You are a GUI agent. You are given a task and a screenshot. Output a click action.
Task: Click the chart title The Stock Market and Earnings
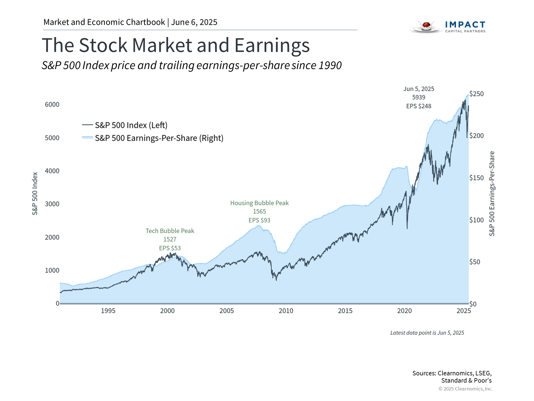click(x=175, y=45)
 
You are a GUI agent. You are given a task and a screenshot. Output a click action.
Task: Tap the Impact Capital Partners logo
click(x=448, y=27)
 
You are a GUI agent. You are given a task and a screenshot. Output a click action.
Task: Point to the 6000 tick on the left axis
click(x=52, y=104)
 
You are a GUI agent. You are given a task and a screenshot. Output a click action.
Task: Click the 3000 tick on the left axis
click(x=52, y=204)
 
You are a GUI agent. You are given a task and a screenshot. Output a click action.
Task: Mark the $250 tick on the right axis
click(x=476, y=94)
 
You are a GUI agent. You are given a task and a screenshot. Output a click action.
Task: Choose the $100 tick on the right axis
click(x=476, y=220)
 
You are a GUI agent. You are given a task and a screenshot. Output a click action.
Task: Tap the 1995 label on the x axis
click(x=108, y=311)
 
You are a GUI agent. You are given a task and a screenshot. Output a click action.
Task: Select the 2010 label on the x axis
click(x=286, y=311)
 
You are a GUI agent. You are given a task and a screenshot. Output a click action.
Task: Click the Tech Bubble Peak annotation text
click(x=170, y=231)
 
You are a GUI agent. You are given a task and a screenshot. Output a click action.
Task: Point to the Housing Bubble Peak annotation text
click(x=259, y=203)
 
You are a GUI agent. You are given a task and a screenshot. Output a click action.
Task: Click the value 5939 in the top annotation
click(x=419, y=97)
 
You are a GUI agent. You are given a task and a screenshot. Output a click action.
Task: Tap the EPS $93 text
click(x=259, y=220)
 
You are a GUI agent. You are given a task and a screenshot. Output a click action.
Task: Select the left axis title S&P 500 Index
click(x=35, y=194)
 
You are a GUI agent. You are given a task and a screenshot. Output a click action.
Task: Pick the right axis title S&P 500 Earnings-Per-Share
click(x=492, y=194)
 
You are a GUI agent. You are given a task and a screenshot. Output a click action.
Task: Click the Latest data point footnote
click(x=427, y=333)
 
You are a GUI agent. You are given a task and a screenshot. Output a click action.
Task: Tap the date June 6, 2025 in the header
click(x=194, y=22)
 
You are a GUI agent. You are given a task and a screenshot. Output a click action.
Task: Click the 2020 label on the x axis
click(x=404, y=311)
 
